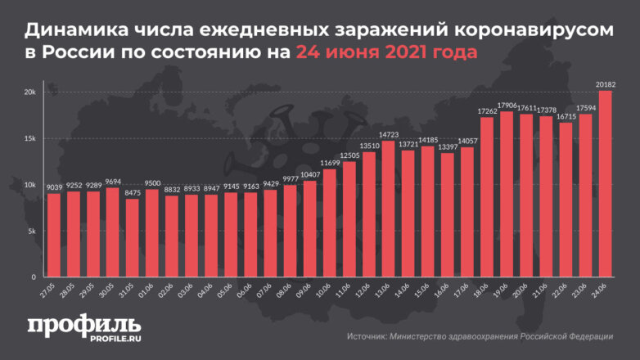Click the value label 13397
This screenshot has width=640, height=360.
pyautogui.click(x=448, y=148)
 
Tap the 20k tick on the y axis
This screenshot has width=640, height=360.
pyautogui.click(x=29, y=92)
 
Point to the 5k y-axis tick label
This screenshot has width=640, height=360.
pyautogui.click(x=30, y=232)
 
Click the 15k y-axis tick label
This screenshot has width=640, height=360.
pyautogui.click(x=29, y=138)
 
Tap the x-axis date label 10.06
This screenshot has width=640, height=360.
pyautogui.click(x=327, y=290)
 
